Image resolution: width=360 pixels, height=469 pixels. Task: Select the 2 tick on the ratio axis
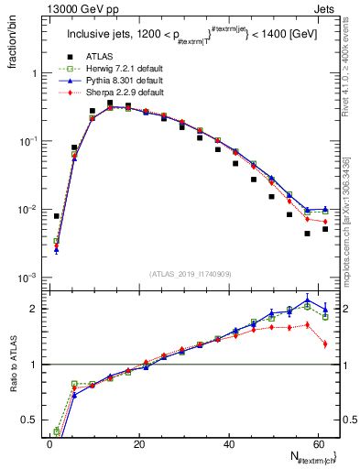click(34, 308)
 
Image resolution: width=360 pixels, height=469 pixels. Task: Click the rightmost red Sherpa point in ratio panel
click(325, 344)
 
